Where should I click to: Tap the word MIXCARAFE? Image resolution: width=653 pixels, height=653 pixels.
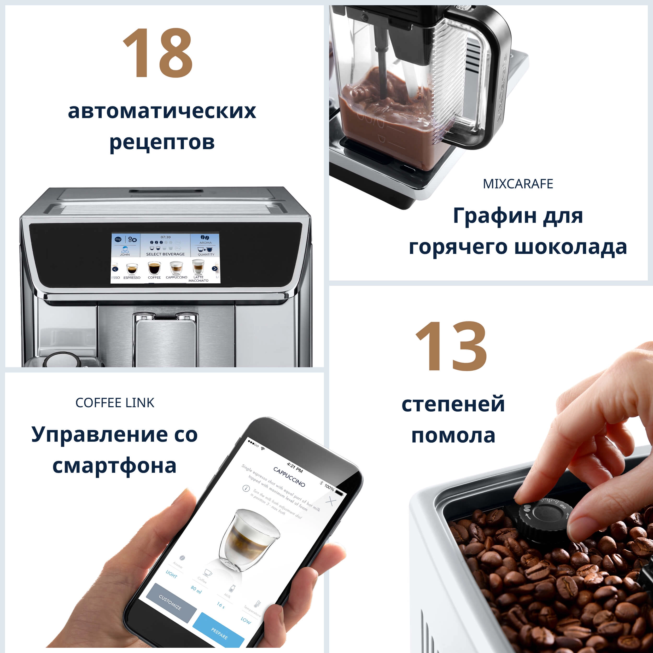[518, 184]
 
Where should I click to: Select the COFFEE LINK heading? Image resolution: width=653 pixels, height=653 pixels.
[115, 403]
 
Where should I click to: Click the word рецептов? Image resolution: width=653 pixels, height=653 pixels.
[162, 142]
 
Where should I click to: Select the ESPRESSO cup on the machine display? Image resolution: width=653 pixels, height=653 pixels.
[132, 269]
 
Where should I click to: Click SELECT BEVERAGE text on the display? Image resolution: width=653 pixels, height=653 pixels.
[165, 254]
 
